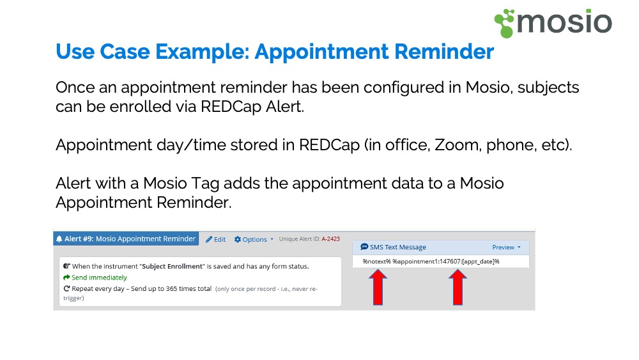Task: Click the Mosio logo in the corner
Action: point(553,23)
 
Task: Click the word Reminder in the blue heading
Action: point(444,52)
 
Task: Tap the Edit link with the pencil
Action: point(215,239)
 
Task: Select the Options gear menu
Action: point(254,239)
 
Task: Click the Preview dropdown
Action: point(506,247)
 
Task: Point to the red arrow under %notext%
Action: point(378,287)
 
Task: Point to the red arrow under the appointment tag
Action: point(458,287)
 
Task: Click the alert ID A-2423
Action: point(330,239)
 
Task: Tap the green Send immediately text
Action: point(99,278)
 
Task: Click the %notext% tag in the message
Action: point(376,262)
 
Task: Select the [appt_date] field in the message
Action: point(478,262)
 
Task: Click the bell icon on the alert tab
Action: point(59,239)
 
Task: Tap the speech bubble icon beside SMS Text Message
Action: point(364,247)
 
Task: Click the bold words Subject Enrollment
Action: point(172,266)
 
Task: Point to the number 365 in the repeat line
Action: point(171,288)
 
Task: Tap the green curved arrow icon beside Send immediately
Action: point(66,278)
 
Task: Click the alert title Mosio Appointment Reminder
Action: point(146,239)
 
